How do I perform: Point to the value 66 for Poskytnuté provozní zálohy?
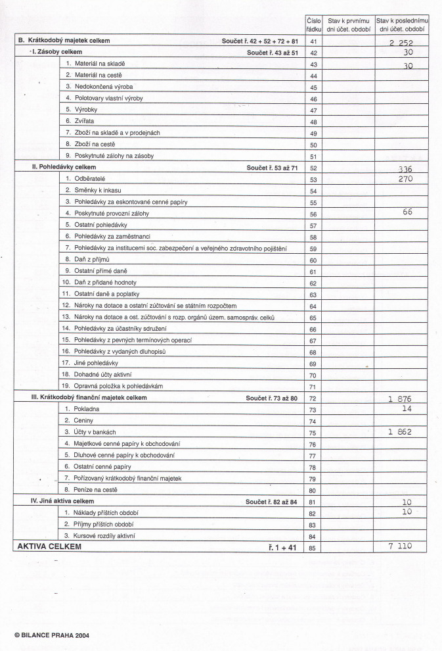click(x=408, y=212)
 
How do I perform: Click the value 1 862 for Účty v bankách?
click(x=408, y=432)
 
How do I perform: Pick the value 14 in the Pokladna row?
click(x=408, y=408)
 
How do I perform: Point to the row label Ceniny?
click(x=79, y=420)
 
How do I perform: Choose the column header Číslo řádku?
click(x=313, y=25)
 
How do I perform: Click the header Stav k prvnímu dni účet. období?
click(x=348, y=25)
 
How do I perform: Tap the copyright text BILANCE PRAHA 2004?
click(x=51, y=635)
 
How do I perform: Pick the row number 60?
click(x=313, y=260)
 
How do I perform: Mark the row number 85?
click(x=313, y=546)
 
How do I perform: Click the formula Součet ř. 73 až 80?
click(x=272, y=398)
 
